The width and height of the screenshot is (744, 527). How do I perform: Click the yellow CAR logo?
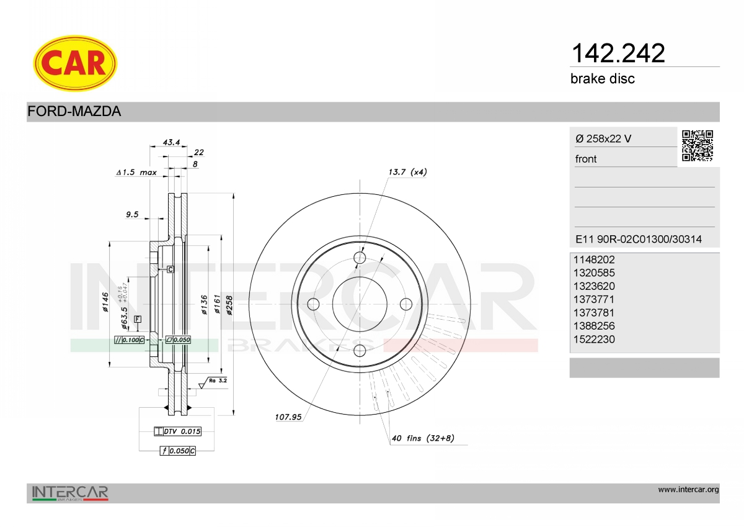[x=75, y=63]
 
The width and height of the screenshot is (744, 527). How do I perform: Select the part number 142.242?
[x=618, y=53]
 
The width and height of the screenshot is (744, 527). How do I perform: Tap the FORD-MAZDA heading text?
[x=74, y=111]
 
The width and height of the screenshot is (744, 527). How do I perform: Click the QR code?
[x=697, y=146]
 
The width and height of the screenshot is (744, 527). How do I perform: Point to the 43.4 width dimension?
[x=171, y=142]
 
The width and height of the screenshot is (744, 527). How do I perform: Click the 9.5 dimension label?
[x=132, y=214]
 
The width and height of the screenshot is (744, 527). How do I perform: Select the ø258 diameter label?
[x=229, y=305]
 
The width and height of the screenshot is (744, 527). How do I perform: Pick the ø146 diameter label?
[x=105, y=302]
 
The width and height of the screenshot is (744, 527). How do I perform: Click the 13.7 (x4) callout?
[x=407, y=172]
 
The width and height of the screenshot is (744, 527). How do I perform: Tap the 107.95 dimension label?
[x=288, y=417]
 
